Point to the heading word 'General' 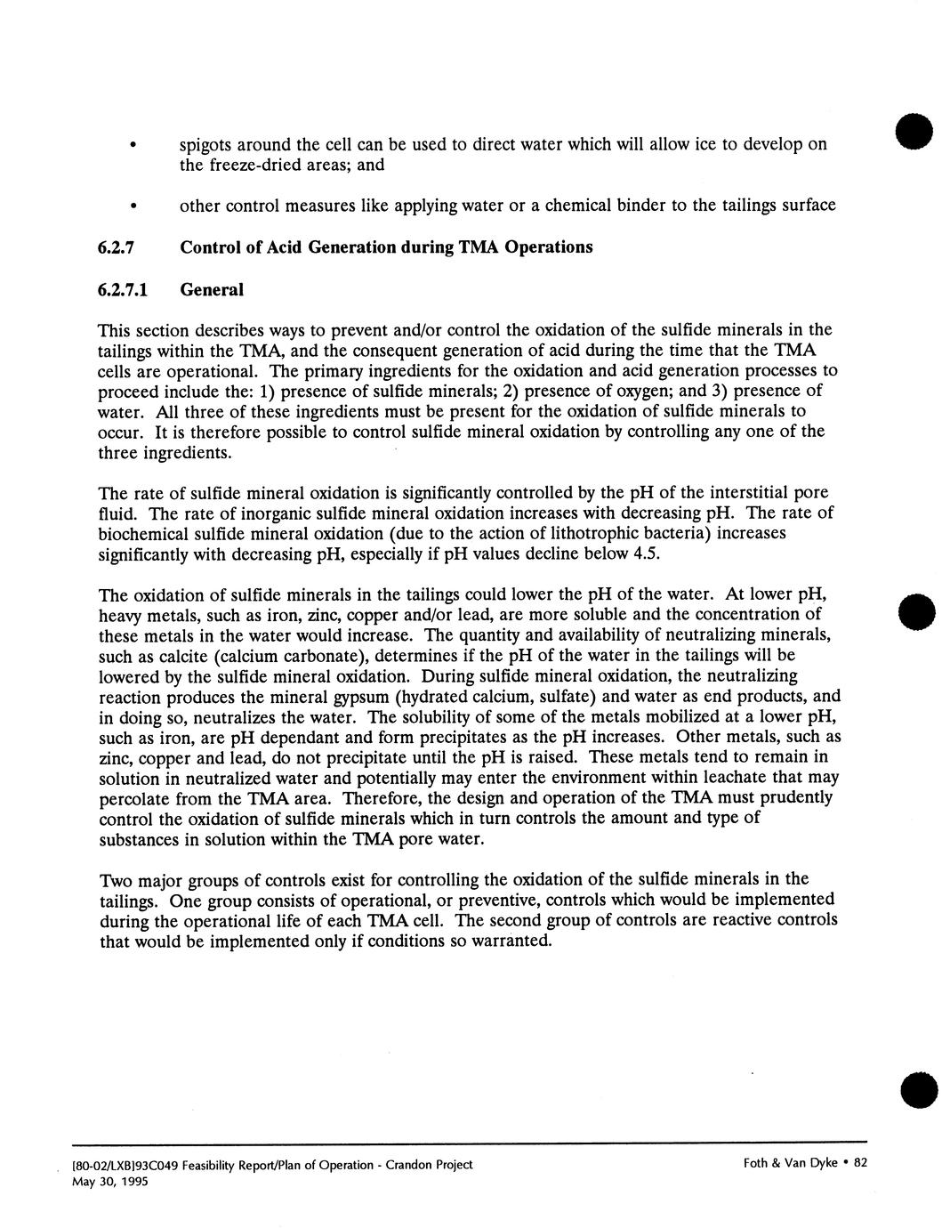211,290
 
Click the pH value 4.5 652,554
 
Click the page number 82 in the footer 859,1164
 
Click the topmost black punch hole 915,132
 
